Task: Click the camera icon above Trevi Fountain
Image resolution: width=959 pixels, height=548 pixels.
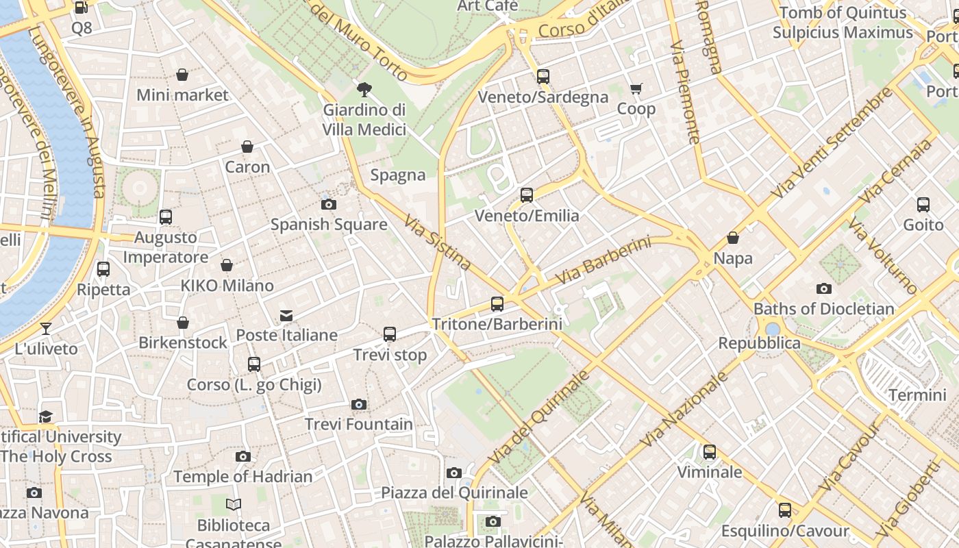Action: coord(358,405)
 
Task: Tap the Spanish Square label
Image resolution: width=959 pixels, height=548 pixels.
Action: coord(329,224)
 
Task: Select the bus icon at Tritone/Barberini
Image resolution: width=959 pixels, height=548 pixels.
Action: coord(497,304)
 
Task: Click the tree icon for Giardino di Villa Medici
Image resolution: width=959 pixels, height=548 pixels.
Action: coord(364,89)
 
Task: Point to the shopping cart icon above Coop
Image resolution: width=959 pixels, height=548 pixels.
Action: coord(636,88)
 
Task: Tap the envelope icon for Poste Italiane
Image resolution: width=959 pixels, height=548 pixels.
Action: coord(286,316)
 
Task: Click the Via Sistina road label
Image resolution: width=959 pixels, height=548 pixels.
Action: coord(437,242)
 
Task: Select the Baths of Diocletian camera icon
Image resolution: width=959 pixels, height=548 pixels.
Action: coord(824,289)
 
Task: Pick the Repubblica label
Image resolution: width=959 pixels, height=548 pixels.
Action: coord(759,342)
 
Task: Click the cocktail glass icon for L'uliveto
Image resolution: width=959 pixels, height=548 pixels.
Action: coord(46,329)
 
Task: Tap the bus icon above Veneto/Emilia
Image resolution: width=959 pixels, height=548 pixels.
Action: coord(527,195)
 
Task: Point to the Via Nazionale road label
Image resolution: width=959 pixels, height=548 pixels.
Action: coord(684,410)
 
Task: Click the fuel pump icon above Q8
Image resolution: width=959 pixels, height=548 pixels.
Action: coord(81,8)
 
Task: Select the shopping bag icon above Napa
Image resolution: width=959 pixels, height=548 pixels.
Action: coord(733,238)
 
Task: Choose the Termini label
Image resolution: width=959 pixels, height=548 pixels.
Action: coord(917,395)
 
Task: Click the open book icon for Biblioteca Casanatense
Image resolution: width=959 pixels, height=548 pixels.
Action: coord(234,505)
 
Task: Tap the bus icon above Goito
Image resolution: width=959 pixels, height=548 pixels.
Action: coord(923,204)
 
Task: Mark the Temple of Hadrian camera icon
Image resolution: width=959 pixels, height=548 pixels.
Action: coord(242,456)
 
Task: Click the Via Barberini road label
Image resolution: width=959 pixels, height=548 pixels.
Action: coord(603,261)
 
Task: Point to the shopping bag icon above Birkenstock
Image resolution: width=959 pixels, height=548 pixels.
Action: coord(183,323)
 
